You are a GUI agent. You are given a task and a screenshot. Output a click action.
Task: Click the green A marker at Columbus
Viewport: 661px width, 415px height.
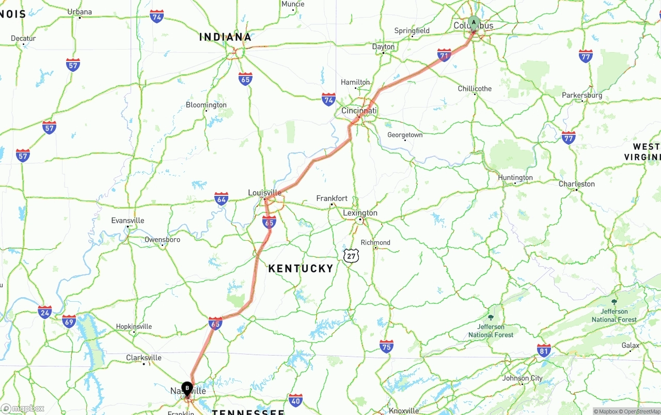pos(474,22)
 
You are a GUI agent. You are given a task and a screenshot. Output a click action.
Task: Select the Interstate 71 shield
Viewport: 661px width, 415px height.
pos(444,55)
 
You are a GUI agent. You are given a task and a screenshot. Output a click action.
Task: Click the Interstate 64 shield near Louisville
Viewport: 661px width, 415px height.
pos(222,198)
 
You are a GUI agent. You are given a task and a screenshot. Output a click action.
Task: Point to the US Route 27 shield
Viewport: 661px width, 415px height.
pos(351,255)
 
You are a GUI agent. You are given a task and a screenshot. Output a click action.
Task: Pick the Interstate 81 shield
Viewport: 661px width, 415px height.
pos(544,350)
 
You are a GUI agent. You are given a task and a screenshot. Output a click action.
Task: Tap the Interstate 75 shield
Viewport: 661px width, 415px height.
pos(386,346)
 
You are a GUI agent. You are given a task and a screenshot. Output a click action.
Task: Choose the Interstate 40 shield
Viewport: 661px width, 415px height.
pos(295,400)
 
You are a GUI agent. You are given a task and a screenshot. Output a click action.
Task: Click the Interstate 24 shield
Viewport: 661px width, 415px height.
pos(45,312)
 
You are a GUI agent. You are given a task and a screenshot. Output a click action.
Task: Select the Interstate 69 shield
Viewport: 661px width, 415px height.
pos(69,321)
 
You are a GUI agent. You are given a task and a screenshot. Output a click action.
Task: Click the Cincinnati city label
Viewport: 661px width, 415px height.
pos(359,111)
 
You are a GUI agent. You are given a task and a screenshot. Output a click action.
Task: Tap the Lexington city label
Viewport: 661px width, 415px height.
pos(360,213)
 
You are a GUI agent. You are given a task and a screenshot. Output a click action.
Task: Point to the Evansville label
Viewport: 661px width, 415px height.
pos(128,221)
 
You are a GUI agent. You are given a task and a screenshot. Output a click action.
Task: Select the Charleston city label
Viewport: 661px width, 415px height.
pos(577,184)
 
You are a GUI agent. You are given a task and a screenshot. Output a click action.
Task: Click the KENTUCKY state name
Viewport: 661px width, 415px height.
pos(301,268)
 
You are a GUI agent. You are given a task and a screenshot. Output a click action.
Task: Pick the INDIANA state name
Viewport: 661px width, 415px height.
pos(225,37)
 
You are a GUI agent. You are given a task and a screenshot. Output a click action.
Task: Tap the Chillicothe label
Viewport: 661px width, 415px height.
pos(475,88)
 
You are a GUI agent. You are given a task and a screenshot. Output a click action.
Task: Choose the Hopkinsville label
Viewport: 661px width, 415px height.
pos(134,327)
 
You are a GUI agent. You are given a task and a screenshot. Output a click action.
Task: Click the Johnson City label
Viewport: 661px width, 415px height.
pos(523,378)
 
